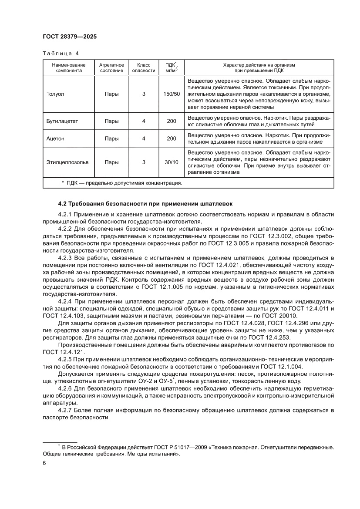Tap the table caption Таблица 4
61,54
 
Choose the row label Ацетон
55,138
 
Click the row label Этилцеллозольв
67,162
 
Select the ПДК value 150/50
172,94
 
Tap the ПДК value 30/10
172,162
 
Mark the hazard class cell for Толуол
144,94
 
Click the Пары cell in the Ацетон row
111,138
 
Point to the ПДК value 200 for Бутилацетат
172,121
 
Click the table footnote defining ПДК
122,183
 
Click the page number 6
44,464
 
